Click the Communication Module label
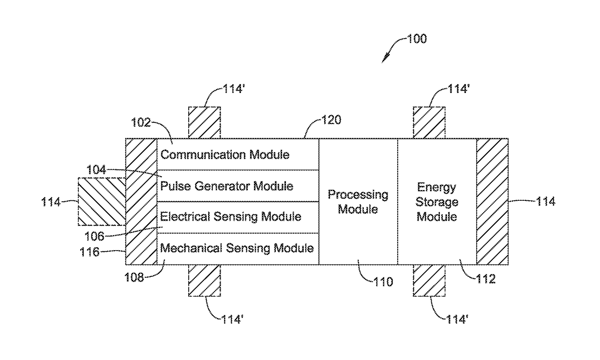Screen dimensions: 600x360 click(x=225, y=155)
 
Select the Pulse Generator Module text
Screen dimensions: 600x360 click(x=226, y=186)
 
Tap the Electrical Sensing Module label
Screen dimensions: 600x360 click(x=231, y=217)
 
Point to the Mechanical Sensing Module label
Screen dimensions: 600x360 click(x=237, y=248)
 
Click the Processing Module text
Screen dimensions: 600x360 click(x=358, y=202)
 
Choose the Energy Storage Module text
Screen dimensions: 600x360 click(x=437, y=202)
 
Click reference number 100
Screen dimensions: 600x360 click(x=417, y=39)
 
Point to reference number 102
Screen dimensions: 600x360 click(x=141, y=123)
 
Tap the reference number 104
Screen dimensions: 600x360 click(x=96, y=170)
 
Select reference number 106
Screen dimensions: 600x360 click(x=94, y=236)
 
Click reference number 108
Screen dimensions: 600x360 click(x=134, y=278)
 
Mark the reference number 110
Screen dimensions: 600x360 click(x=383, y=282)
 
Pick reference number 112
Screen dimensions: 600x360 click(x=486, y=279)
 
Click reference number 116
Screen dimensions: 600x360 click(x=90, y=252)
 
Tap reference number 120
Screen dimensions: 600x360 click(x=331, y=120)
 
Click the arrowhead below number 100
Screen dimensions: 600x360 click(x=385, y=59)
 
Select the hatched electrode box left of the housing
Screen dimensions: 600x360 click(x=102, y=202)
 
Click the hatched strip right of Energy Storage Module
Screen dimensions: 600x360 click(x=492, y=202)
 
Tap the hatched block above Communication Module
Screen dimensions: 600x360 click(x=204, y=123)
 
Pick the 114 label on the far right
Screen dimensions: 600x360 click(x=546, y=202)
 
